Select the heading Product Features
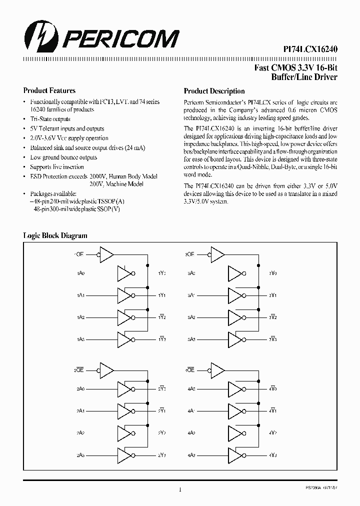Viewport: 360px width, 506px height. pos(49,91)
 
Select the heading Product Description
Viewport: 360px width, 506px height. pos(214,91)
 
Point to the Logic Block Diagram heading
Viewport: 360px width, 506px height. pos(55,235)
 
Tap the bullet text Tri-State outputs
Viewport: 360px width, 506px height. pos(50,119)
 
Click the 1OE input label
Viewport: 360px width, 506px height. pos(78,254)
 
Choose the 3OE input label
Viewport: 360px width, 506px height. pos(189,254)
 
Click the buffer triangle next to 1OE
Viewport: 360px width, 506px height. pos(106,254)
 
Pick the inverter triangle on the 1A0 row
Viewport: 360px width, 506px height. pos(125,273)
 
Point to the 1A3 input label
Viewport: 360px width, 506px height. pos(80,339)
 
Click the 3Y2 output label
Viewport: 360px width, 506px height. pos(272,317)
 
